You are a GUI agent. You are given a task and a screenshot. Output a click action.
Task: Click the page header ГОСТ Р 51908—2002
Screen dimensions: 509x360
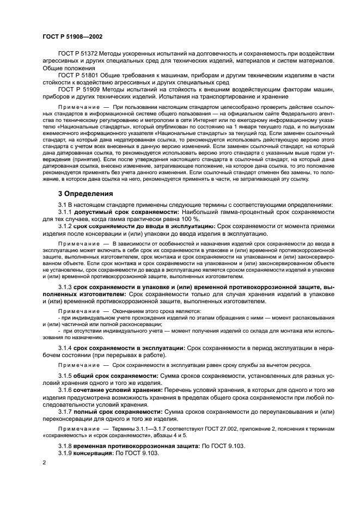click(x=72, y=36)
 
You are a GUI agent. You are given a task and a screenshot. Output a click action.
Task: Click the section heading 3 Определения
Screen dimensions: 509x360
click(x=86, y=193)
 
